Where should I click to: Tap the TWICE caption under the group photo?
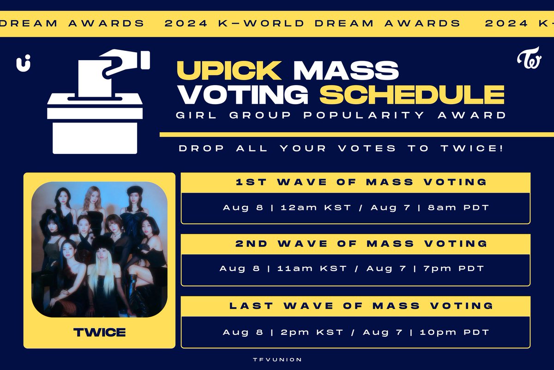click(x=99, y=332)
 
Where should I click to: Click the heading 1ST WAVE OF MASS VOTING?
click(x=355, y=182)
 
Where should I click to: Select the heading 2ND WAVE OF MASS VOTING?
click(x=355, y=243)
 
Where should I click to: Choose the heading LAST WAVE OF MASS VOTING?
click(x=355, y=306)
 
